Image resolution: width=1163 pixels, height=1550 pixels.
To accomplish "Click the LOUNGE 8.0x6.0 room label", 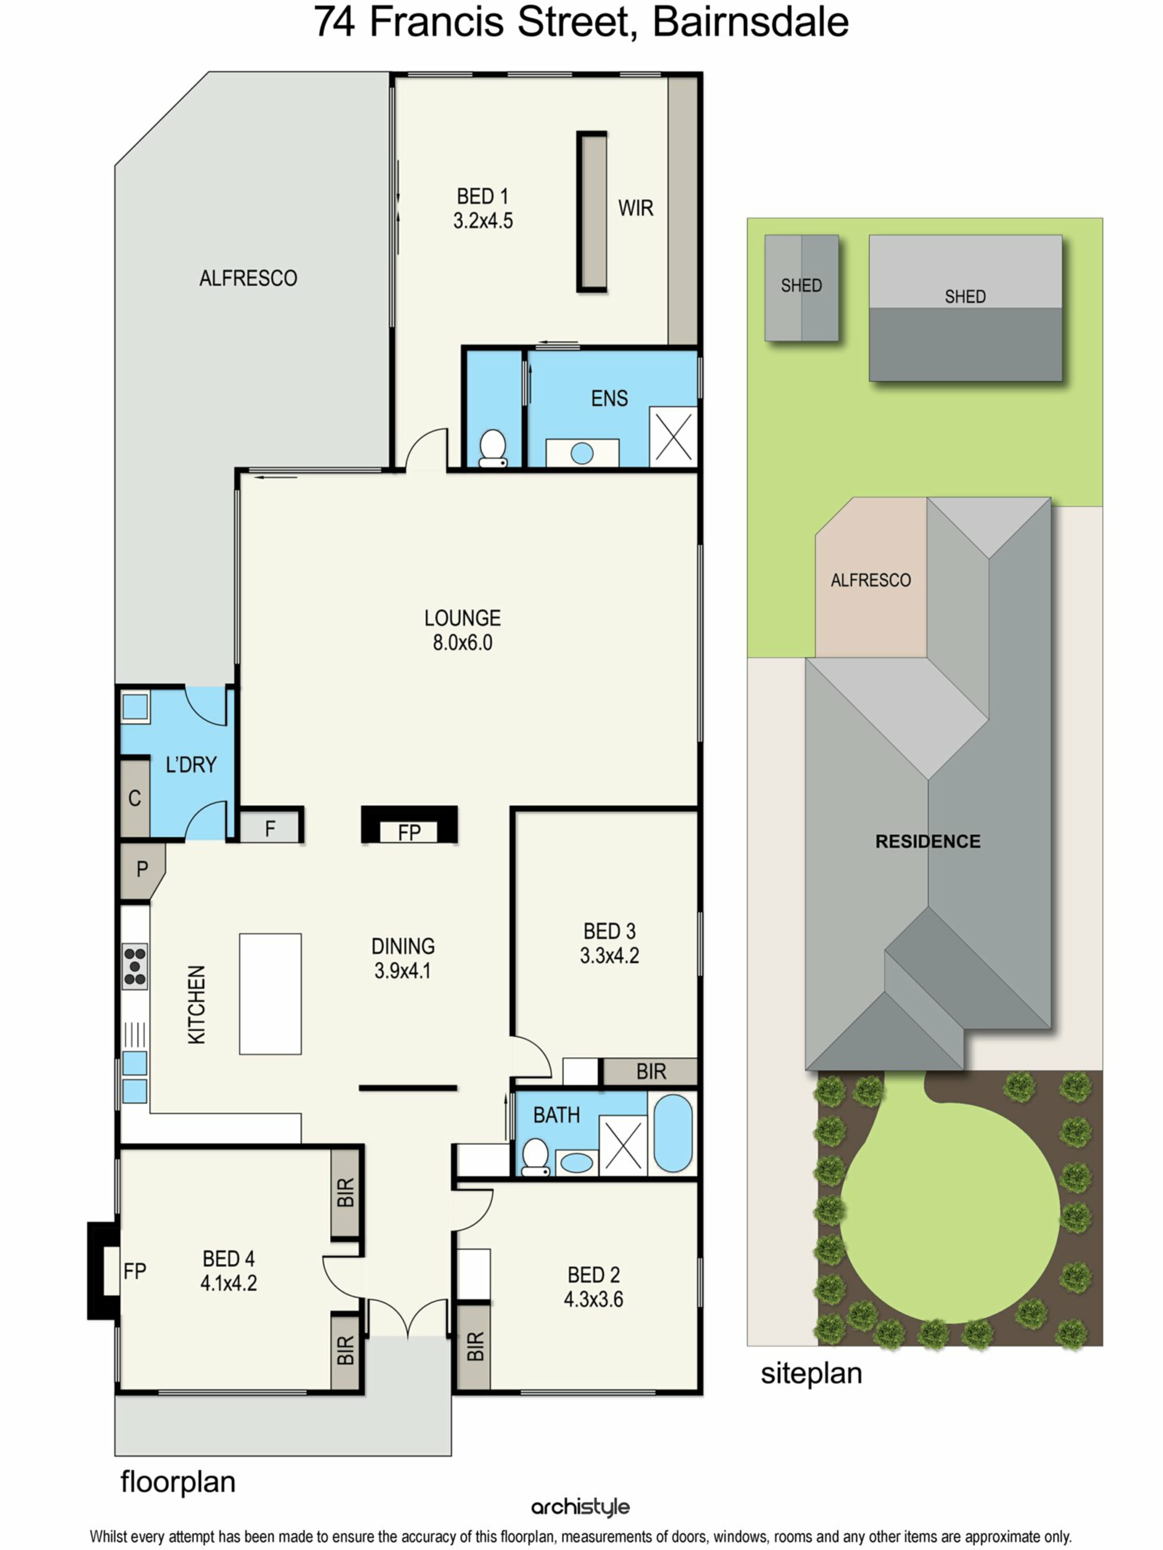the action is (462, 629).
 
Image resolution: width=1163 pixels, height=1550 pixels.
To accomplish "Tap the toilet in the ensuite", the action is (493, 448).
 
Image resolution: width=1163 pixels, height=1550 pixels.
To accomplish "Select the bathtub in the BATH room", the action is (672, 1133).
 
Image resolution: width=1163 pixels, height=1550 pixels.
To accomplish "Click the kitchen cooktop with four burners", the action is (134, 966).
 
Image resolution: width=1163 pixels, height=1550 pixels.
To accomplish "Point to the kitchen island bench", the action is (270, 993).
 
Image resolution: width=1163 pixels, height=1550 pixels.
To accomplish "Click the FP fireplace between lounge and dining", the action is (409, 825).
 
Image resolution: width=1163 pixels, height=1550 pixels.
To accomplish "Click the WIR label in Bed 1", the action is (635, 208).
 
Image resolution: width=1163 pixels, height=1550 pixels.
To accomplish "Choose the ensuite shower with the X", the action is (673, 437).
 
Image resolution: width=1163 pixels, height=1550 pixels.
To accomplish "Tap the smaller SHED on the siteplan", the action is (801, 288).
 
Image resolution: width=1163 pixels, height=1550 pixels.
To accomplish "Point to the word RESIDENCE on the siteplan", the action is (927, 841).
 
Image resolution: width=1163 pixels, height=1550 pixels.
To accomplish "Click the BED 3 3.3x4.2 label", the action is (609, 943).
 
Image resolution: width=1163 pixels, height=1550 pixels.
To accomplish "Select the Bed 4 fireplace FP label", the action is (134, 1271).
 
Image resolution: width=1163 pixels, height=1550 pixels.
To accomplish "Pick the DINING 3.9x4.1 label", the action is (402, 958).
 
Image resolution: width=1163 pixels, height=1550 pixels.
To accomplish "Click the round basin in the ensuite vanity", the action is (582, 453).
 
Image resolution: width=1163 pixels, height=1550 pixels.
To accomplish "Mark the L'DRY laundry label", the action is (191, 765).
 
